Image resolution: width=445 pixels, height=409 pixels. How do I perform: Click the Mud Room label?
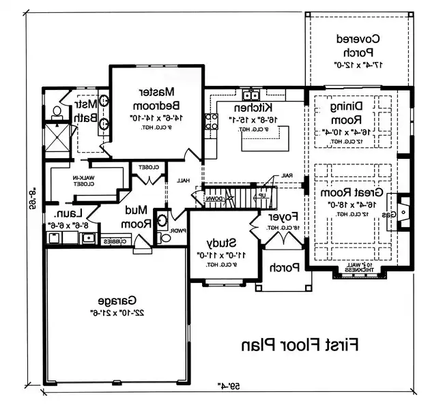coord(137,217)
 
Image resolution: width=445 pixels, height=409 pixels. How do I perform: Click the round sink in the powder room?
coord(162,220)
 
